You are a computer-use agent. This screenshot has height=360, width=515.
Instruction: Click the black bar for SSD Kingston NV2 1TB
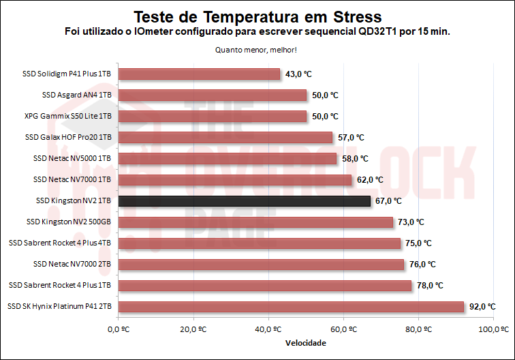click(x=245, y=201)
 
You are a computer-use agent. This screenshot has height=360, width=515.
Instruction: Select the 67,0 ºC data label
click(x=388, y=201)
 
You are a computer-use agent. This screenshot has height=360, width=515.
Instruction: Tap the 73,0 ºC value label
click(x=411, y=222)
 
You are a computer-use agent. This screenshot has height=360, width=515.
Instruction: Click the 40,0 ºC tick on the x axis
click(x=269, y=329)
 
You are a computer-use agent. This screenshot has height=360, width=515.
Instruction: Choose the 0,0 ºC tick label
click(x=119, y=329)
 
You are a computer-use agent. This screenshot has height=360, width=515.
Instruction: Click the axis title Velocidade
click(x=305, y=342)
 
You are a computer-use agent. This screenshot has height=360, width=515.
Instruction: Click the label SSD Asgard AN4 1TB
click(x=76, y=95)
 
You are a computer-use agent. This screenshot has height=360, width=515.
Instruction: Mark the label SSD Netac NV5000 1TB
click(x=72, y=158)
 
